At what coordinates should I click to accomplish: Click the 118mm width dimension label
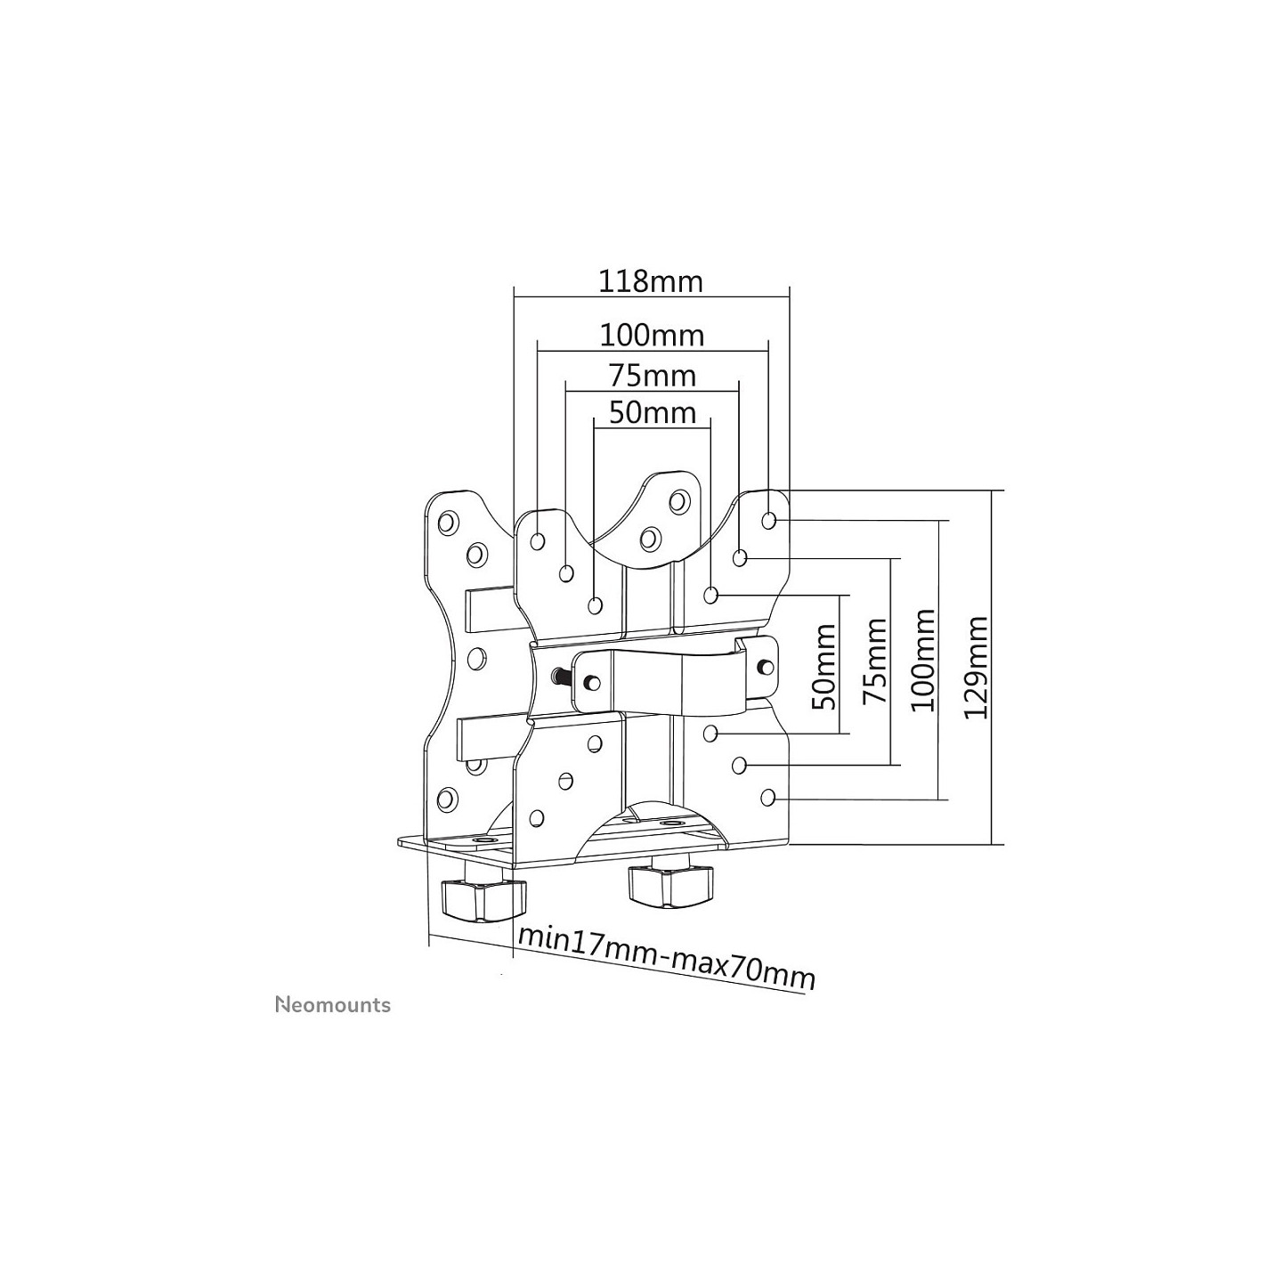pyautogui.click(x=651, y=281)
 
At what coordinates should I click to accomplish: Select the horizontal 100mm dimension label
pyautogui.click(x=652, y=336)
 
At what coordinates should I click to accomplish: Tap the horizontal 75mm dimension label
pyautogui.click(x=652, y=377)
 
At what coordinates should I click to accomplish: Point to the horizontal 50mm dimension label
pyautogui.click(x=652, y=413)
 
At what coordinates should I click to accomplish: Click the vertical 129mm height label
pyautogui.click(x=976, y=668)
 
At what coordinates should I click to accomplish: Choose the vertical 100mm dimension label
pyautogui.click(x=922, y=660)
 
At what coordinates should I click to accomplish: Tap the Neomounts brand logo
pyautogui.click(x=333, y=1004)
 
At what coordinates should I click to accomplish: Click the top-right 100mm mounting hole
pyautogui.click(x=768, y=520)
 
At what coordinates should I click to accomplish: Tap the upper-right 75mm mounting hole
pyautogui.click(x=739, y=557)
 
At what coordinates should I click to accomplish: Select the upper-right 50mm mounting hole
pyautogui.click(x=710, y=595)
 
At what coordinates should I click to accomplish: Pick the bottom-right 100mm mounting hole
pyautogui.click(x=767, y=796)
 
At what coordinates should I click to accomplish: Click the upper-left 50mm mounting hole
pyautogui.click(x=596, y=605)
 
